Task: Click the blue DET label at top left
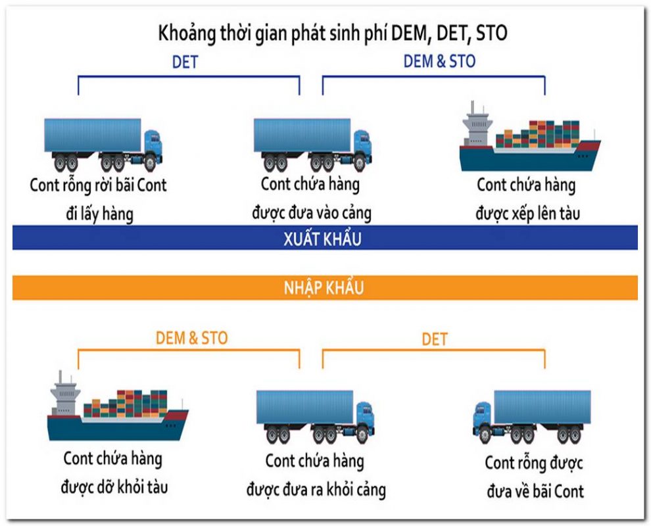tap(185, 62)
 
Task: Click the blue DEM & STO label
tap(439, 61)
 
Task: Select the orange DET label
tap(434, 339)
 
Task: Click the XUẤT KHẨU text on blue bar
tap(325, 239)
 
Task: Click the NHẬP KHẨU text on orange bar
tap(324, 288)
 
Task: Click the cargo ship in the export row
tap(529, 138)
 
